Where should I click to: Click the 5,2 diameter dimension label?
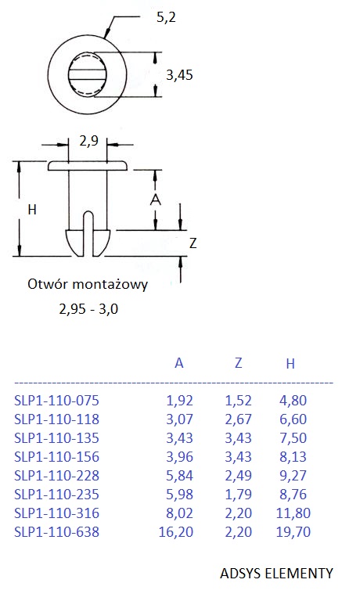[x=166, y=18]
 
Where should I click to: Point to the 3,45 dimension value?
[x=179, y=75]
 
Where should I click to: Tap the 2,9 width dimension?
[x=89, y=142]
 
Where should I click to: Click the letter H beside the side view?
[x=32, y=210]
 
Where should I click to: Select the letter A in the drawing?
[x=155, y=200]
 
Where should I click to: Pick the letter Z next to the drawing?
[x=193, y=243]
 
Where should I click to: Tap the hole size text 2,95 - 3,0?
[x=88, y=308]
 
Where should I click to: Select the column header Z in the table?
[x=238, y=362]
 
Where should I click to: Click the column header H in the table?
[x=290, y=363]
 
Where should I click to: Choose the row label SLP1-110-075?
[x=57, y=401]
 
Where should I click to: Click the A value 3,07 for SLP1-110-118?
[x=179, y=419]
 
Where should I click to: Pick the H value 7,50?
[x=293, y=438]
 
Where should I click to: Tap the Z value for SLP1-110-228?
[x=238, y=476]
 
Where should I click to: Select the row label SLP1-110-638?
[x=57, y=532]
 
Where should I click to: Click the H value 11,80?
[x=293, y=513]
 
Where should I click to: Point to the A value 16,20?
[x=176, y=532]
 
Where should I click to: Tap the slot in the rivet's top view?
[x=88, y=74]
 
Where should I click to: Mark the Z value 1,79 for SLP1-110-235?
[x=238, y=495]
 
